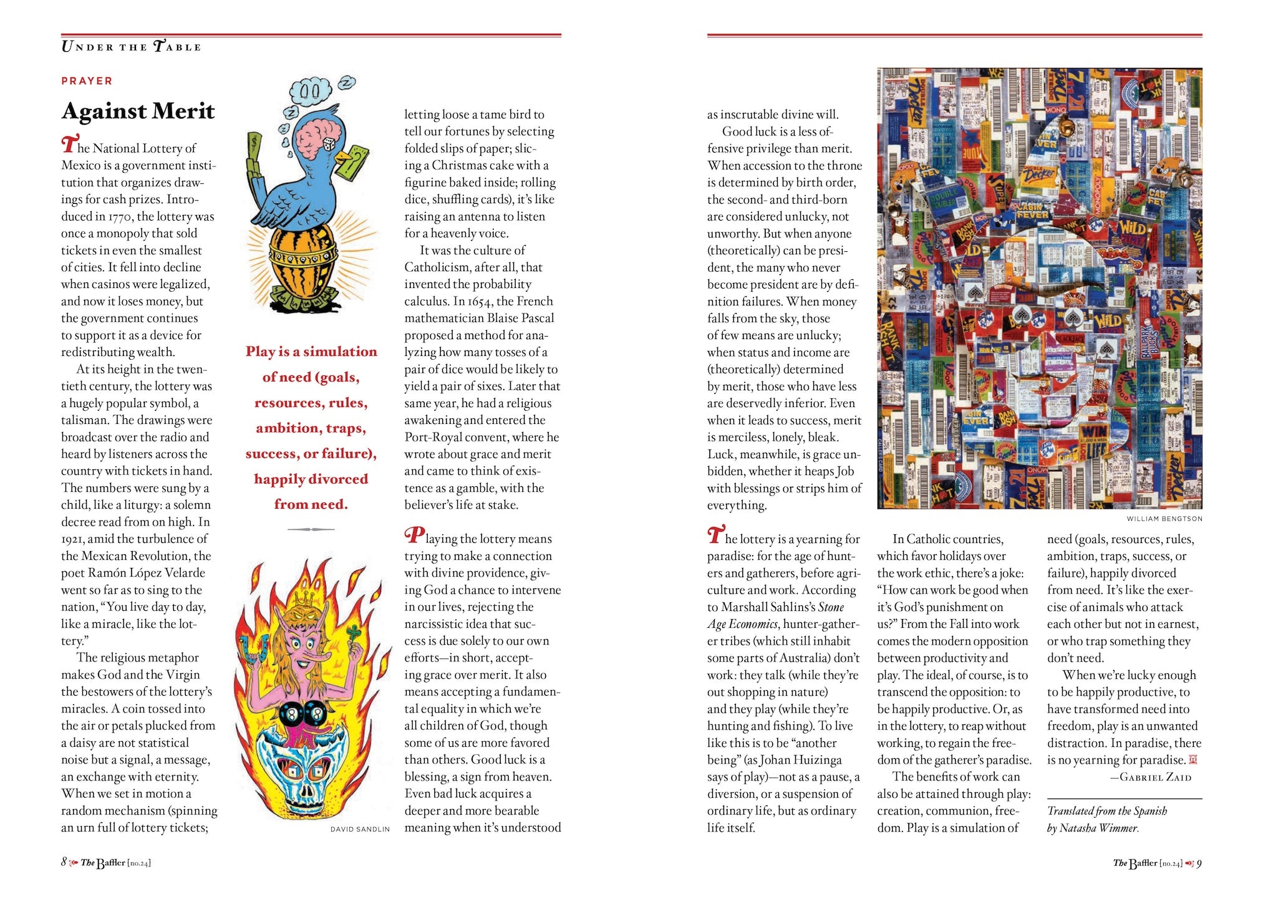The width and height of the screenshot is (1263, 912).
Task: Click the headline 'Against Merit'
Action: (x=138, y=112)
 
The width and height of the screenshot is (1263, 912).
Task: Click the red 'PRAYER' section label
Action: (x=87, y=81)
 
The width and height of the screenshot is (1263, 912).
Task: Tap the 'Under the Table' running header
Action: (x=131, y=47)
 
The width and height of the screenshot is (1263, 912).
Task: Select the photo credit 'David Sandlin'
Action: (x=360, y=829)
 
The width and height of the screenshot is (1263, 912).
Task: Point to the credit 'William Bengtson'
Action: (x=1164, y=519)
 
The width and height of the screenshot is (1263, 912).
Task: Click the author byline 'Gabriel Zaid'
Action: (x=1155, y=777)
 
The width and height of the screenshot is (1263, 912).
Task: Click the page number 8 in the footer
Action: (x=64, y=862)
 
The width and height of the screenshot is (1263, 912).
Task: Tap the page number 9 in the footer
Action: (x=1199, y=863)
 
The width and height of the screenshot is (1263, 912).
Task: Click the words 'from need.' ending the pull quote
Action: (x=311, y=504)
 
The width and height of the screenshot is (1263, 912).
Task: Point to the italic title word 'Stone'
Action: (x=831, y=607)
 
